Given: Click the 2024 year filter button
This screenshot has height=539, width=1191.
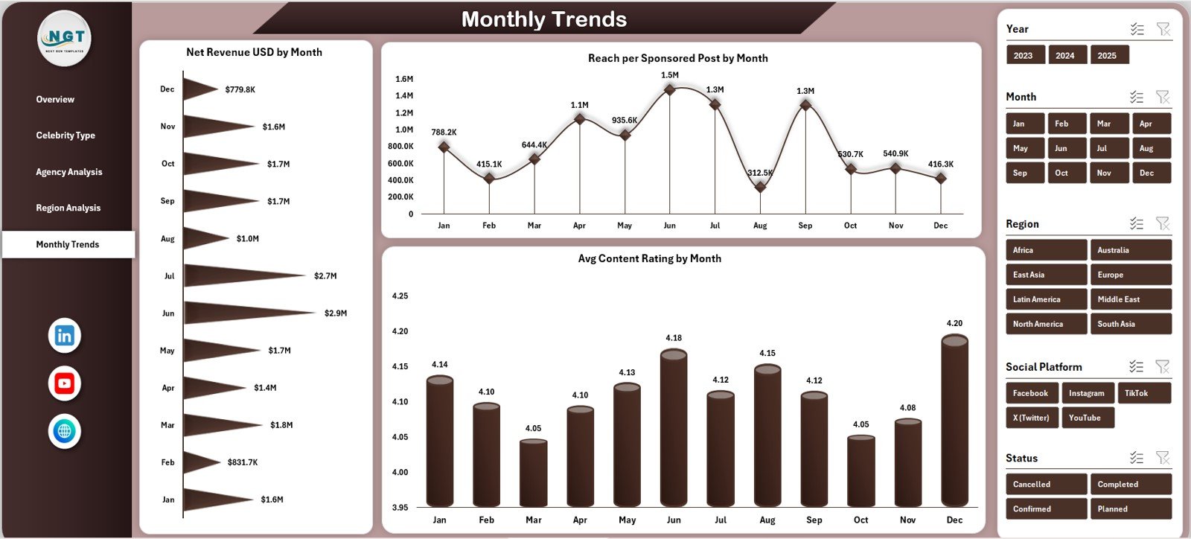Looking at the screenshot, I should pos(1064,55).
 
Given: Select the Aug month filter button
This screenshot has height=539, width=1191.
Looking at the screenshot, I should pos(1150,148).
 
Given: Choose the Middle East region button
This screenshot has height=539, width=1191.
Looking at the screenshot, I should pos(1129,299).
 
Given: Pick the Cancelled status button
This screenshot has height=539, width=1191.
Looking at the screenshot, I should pos(1045,484).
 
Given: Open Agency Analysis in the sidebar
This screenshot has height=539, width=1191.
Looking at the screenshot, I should pos(68,172).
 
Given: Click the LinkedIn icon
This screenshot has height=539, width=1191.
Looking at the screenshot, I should pos(65,336).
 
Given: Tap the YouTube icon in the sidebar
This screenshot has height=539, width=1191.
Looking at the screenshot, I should pos(65,384).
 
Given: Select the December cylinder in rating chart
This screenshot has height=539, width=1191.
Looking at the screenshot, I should pos(954,421).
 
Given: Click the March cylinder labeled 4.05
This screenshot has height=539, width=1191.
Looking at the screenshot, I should pos(533,473).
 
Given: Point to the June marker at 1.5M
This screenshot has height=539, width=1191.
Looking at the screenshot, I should pos(669,89).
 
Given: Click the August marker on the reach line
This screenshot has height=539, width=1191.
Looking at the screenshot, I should pos(760,187).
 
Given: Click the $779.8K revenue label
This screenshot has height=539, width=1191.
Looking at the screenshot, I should pos(240,89).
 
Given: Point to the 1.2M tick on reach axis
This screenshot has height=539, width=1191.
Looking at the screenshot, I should pos(404,113).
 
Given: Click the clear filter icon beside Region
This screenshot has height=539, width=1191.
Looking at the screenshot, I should pos(1163,223).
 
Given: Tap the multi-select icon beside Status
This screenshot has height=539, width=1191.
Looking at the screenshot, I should pos(1136,458).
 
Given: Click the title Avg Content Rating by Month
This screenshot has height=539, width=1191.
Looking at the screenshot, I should pos(649,258).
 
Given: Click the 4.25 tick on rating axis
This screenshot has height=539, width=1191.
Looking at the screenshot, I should pos(400,296).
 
